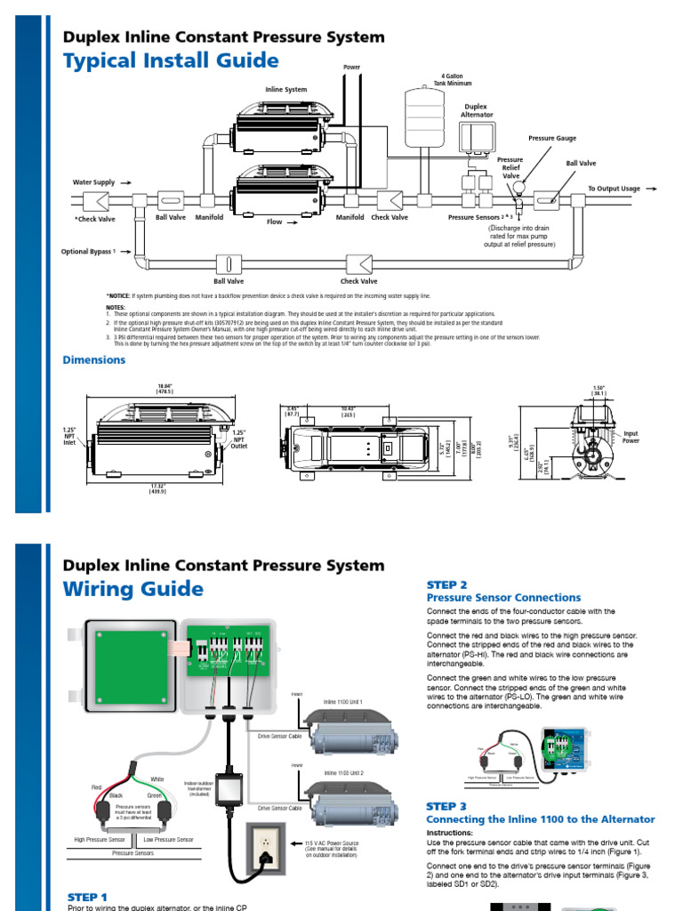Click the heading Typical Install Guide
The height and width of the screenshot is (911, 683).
(170, 60)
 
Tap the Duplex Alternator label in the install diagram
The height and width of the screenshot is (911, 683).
(477, 110)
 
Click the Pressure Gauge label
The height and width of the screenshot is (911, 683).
(552, 139)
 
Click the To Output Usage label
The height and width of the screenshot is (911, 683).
(614, 189)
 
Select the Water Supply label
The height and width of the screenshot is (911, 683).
(94, 181)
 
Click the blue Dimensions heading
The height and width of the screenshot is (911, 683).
(93, 360)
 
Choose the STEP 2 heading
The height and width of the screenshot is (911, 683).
(446, 584)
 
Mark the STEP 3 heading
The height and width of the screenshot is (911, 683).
(446, 806)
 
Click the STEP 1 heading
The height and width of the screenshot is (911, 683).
(87, 897)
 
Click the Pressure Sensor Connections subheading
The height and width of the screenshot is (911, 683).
(503, 598)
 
